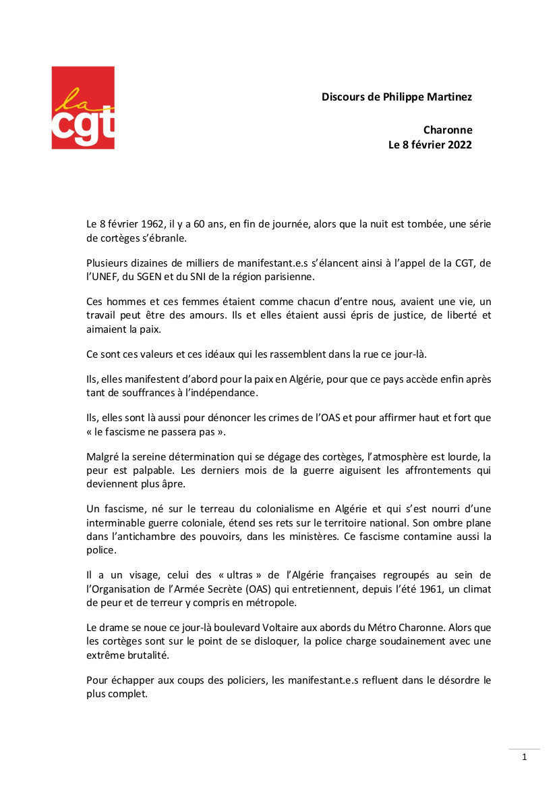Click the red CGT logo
pyautogui.click(x=83, y=108)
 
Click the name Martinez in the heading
pyautogui.click(x=448, y=97)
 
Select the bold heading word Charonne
pyautogui.click(x=448, y=130)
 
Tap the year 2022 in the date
pyautogui.click(x=459, y=144)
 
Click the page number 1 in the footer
pyautogui.click(x=525, y=757)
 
